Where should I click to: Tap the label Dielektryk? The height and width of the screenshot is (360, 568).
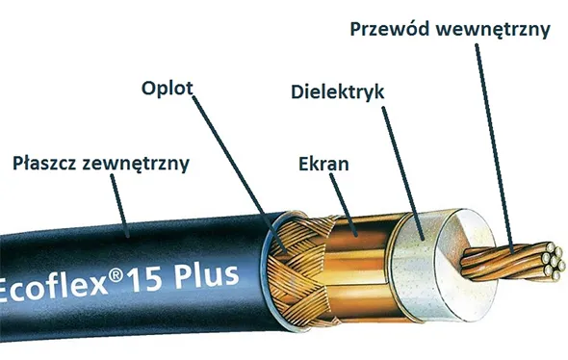point(337,92)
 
